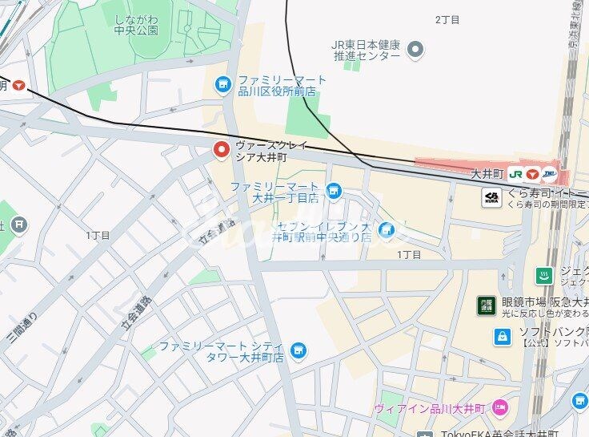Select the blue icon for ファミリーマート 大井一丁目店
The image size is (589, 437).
334,191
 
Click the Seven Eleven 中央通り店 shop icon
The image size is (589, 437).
387,231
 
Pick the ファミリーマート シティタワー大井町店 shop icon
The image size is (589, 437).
298,350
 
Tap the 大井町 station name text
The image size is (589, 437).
485,173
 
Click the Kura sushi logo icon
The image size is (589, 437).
491,196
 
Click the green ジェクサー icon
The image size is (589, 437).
543,276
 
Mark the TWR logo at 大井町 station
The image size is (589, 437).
549,173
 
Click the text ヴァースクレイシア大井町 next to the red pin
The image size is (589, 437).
272,152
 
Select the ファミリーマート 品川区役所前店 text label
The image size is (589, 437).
281,86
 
